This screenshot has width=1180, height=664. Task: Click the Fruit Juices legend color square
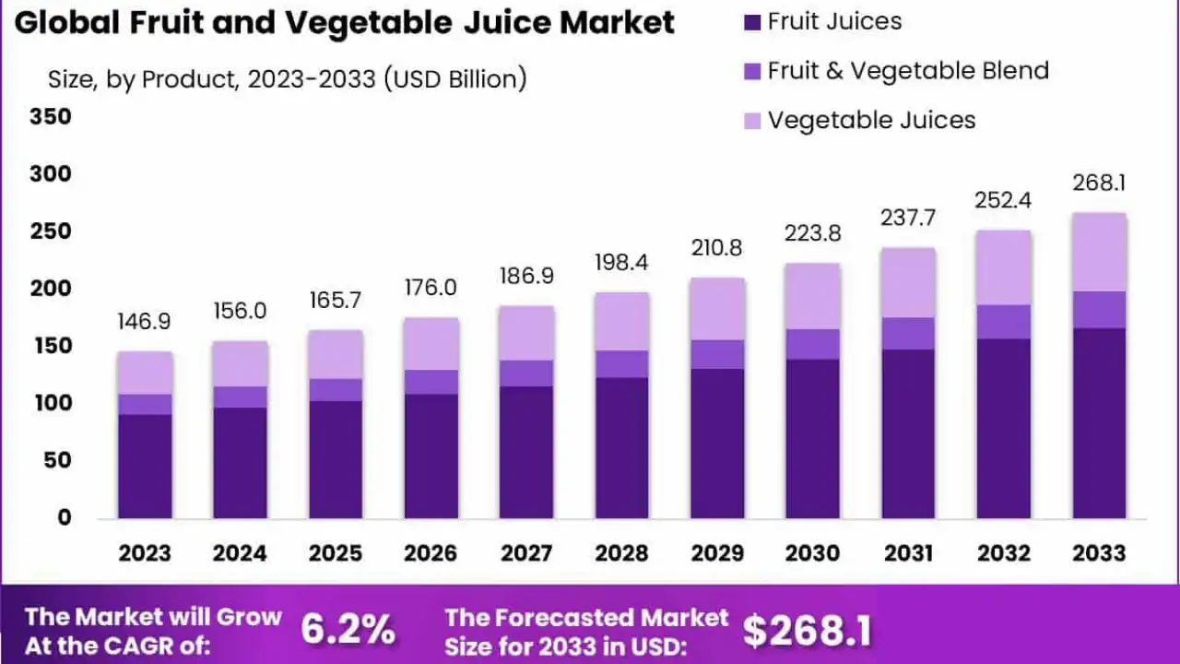[x=751, y=21]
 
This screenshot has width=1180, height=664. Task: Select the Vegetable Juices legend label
[x=871, y=120]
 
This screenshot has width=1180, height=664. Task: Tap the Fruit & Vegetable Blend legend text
[x=908, y=70]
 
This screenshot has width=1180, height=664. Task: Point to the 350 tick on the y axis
[x=51, y=117]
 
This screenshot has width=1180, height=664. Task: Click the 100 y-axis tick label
[x=51, y=403]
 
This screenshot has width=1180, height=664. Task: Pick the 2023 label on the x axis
[x=145, y=553]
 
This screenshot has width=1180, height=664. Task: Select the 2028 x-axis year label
[x=622, y=553]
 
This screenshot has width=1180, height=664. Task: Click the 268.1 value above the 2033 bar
[x=1100, y=184]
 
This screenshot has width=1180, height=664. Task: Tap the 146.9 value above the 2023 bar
[x=145, y=322]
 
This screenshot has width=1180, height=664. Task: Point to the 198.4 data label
[x=622, y=263]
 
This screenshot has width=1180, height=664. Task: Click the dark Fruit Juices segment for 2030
[x=813, y=438]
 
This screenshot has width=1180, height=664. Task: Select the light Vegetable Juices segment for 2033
[x=1100, y=252]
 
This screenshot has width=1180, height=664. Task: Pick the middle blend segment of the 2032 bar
[x=1004, y=322]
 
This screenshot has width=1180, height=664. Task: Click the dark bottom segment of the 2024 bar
[x=240, y=461]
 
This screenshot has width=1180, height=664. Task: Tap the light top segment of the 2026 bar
[x=431, y=344]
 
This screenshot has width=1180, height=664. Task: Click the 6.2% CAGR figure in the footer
[x=348, y=631]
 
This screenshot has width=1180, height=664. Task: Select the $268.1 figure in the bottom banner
[x=807, y=631]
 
